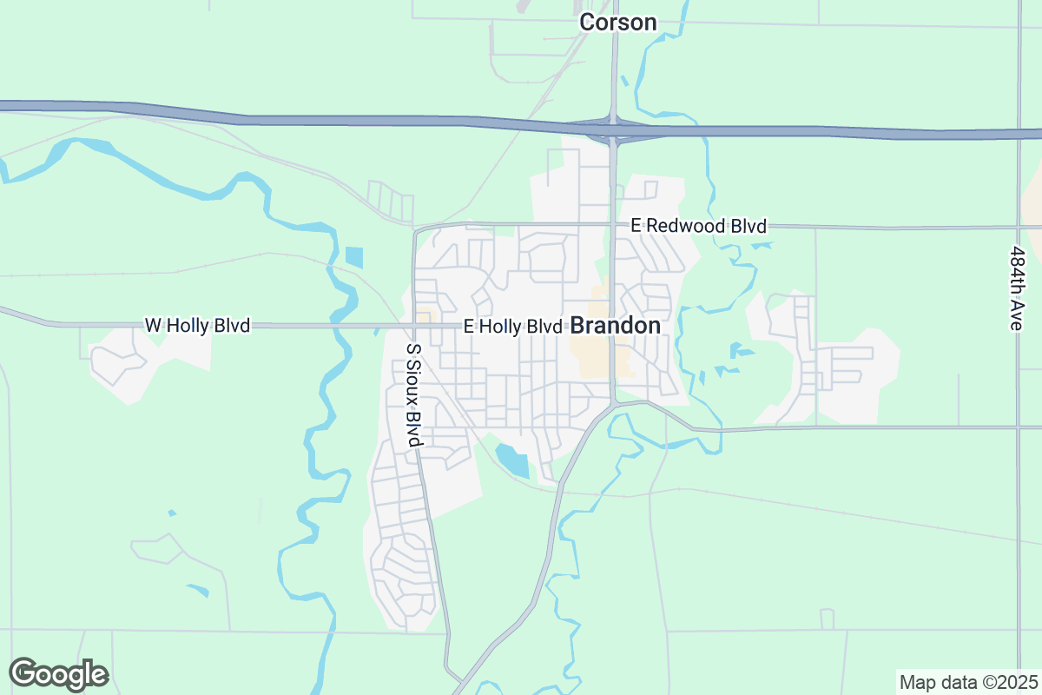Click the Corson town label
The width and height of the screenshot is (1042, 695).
[x=617, y=22]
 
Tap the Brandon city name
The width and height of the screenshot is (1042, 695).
[x=615, y=326]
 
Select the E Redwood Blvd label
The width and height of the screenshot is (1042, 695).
[x=699, y=226]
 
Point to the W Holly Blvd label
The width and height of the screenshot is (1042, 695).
[x=197, y=326]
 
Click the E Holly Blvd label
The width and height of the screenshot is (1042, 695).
[x=512, y=327]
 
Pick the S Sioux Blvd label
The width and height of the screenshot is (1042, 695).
[x=414, y=395]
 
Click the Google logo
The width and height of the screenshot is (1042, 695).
[x=59, y=674]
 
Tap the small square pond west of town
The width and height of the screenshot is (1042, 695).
[x=353, y=257]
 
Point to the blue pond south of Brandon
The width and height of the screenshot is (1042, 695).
[x=511, y=460]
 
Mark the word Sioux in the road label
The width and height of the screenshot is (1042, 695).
[x=414, y=383]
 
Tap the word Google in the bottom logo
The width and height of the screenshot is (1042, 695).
[x=59, y=674]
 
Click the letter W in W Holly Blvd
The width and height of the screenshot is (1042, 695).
[x=152, y=326]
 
